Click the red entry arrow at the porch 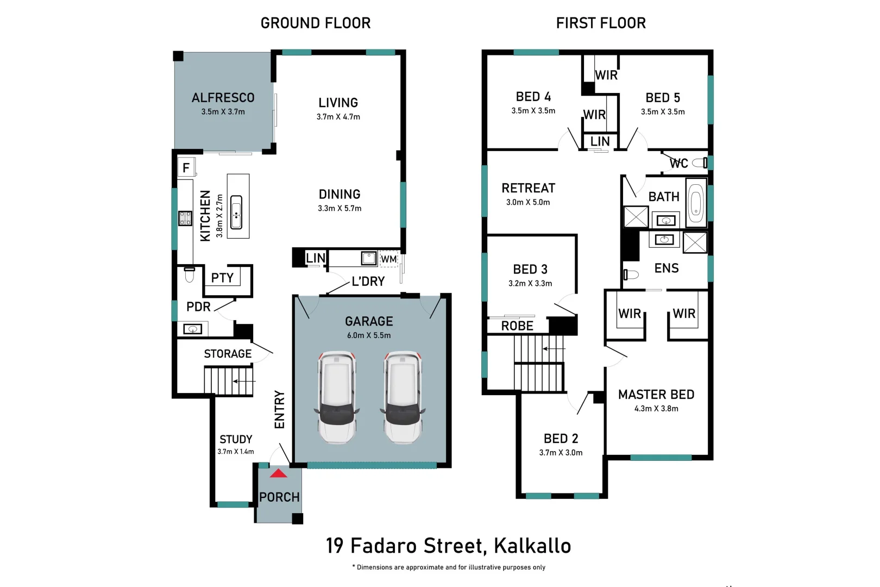278,473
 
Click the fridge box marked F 186,167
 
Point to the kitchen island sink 236,212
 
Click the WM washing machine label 388,259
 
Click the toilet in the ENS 630,274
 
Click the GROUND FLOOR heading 316,23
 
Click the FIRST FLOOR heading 601,23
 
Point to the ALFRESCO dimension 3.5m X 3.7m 223,112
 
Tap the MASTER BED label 656,395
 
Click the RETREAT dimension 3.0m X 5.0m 528,202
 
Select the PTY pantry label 222,278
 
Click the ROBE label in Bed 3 517,326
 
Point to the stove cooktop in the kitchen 185,218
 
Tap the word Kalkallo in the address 532,546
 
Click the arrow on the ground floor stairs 243,381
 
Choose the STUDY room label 236,439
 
